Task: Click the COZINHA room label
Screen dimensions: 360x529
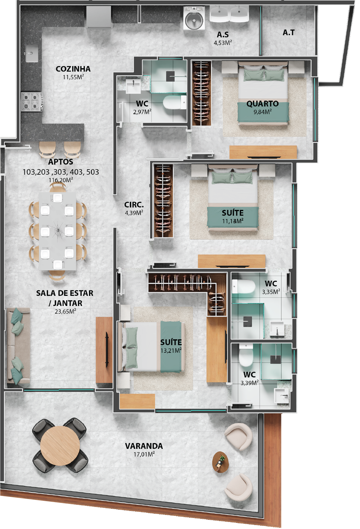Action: click(73, 69)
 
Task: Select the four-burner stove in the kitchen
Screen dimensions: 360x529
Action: click(32, 102)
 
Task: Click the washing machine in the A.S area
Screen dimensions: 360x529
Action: click(194, 18)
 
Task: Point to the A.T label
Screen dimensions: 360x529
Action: click(288, 32)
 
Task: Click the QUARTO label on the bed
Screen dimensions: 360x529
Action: click(262, 104)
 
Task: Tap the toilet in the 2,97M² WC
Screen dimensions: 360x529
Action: click(175, 102)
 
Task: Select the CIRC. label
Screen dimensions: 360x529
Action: click(134, 205)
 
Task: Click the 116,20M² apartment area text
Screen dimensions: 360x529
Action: click(61, 180)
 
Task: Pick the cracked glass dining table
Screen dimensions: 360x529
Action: click(57, 231)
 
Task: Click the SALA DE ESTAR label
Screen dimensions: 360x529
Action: click(65, 293)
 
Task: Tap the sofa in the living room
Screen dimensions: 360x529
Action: click(18, 346)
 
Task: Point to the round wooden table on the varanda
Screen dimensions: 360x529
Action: click(60, 441)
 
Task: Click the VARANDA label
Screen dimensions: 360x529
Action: click(144, 446)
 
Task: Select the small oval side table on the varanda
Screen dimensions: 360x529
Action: click(221, 462)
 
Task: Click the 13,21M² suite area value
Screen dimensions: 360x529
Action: click(171, 351)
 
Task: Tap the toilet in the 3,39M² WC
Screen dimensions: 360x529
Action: click(246, 355)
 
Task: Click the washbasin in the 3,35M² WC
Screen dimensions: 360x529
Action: click(277, 330)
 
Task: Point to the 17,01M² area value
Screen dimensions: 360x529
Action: click(144, 454)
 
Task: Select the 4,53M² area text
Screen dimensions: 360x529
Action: click(223, 43)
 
